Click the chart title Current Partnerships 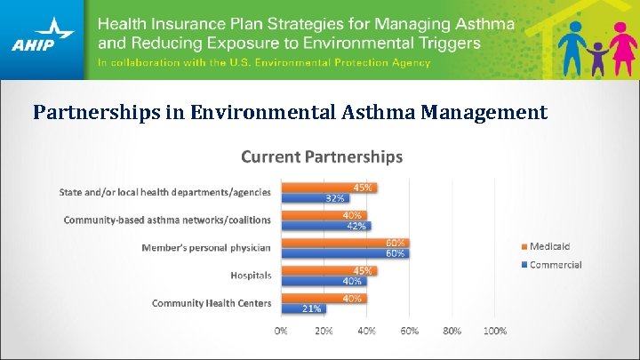322,157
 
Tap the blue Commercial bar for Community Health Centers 303,308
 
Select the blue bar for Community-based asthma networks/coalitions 325,226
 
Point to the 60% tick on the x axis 409,331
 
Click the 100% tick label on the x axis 495,331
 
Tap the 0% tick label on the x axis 281,331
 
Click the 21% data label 312,308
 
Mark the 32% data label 335,197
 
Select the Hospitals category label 251,276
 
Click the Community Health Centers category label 212,303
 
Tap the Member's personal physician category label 206,247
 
